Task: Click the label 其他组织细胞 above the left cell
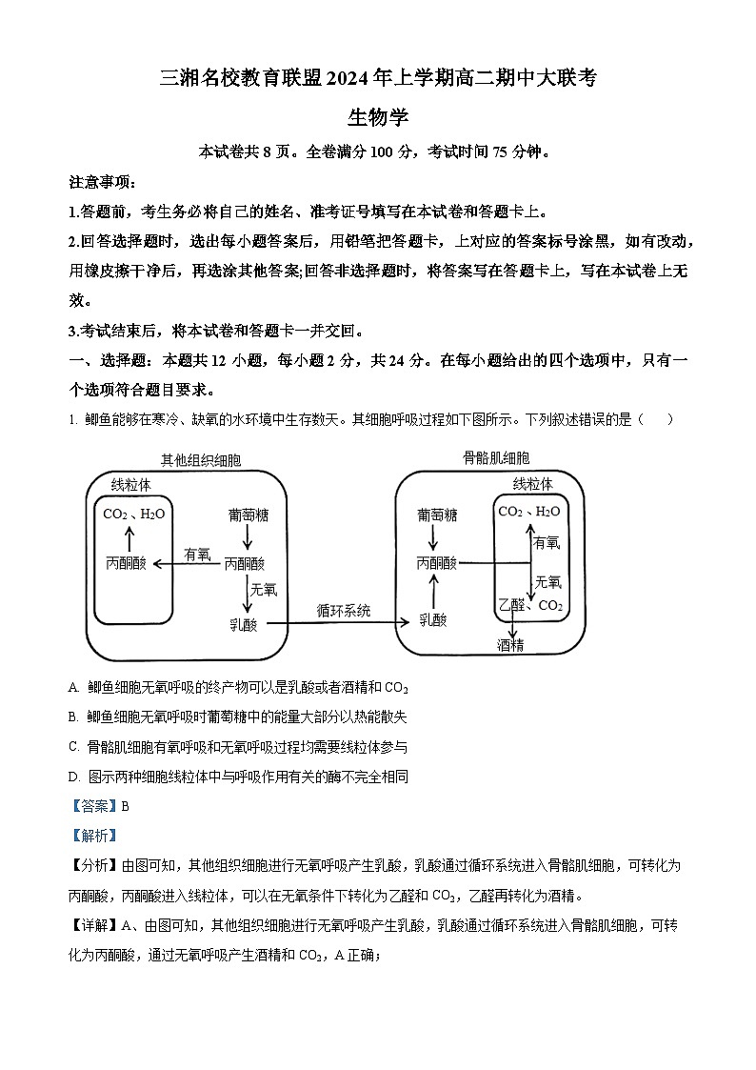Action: [201, 460]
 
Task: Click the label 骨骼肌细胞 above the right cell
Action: [496, 458]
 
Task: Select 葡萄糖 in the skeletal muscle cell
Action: [437, 515]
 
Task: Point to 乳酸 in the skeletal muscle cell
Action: [433, 619]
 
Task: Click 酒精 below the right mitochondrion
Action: [510, 645]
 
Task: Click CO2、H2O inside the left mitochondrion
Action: [134, 515]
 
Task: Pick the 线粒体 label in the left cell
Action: [131, 484]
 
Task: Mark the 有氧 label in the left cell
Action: [197, 554]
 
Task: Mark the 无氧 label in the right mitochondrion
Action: [547, 581]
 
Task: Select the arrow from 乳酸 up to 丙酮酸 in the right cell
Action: [434, 591]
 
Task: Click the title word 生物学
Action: [378, 117]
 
